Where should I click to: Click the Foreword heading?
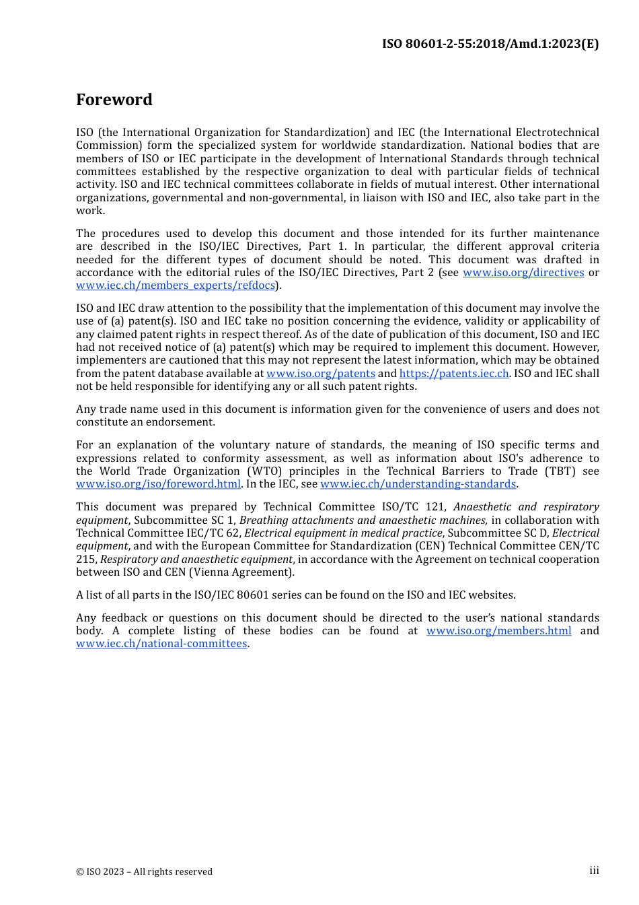[x=114, y=100]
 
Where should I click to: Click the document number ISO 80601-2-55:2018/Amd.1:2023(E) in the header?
[x=490, y=44]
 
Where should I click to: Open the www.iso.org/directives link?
[x=523, y=273]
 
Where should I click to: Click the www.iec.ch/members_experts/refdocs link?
[x=176, y=286]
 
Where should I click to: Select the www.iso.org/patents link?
[x=321, y=374]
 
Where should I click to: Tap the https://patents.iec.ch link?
[x=454, y=374]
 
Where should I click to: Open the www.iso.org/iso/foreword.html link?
[x=158, y=484]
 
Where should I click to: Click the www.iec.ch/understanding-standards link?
[x=418, y=484]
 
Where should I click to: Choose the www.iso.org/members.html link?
[x=498, y=631]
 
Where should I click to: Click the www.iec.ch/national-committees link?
[x=161, y=644]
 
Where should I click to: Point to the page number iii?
[x=594, y=871]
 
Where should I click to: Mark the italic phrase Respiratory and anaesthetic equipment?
[x=196, y=560]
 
